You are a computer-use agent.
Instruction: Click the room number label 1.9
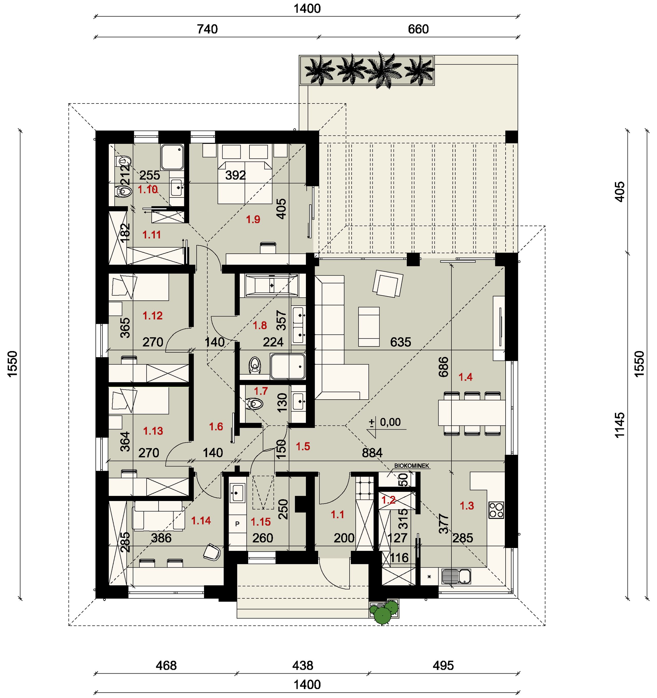(x=253, y=220)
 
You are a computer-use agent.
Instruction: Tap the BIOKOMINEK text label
(x=412, y=466)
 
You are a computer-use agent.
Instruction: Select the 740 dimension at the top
(x=207, y=29)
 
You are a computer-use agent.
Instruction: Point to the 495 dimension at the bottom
(x=443, y=665)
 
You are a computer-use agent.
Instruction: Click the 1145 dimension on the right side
(x=620, y=425)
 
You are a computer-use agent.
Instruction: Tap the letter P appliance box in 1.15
(x=237, y=524)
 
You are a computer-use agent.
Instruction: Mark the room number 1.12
(x=153, y=316)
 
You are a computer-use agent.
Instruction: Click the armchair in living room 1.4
(x=388, y=283)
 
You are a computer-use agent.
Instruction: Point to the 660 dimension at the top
(x=418, y=29)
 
